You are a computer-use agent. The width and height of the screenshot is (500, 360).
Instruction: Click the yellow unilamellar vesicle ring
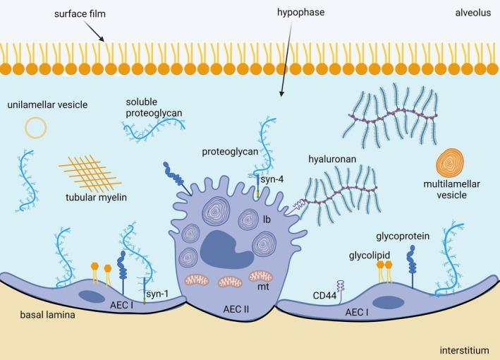pyautogui.click(x=36, y=127)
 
